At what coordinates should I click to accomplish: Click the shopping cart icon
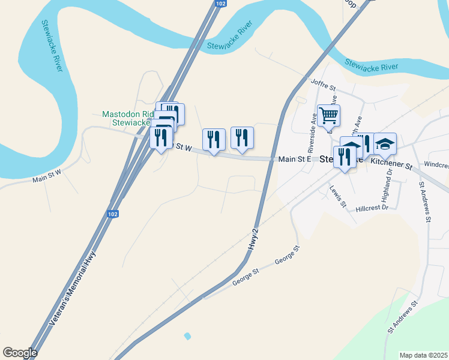pyautogui.click(x=328, y=115)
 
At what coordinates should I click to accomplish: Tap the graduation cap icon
pyautogui.click(x=385, y=144)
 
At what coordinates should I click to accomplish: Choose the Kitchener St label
pyautogui.click(x=391, y=163)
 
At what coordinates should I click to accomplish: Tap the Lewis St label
pyautogui.click(x=338, y=196)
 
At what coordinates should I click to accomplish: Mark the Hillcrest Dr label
pyautogui.click(x=372, y=208)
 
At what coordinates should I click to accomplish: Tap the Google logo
pyautogui.click(x=20, y=353)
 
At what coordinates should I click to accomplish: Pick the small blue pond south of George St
pyautogui.click(x=187, y=335)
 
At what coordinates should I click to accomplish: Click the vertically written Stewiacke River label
pyautogui.click(x=52, y=46)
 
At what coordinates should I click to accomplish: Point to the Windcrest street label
pyautogui.click(x=436, y=164)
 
